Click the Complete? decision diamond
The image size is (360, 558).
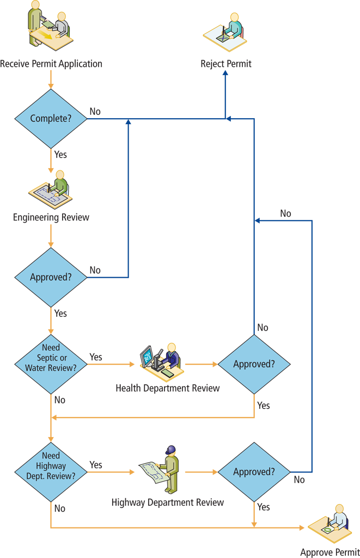51,119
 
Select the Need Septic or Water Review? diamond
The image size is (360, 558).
51,358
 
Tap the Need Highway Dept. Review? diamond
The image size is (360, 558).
51,465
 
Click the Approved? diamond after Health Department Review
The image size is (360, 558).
254,364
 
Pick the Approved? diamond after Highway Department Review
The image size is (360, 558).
254,472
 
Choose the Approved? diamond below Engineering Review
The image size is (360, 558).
51,277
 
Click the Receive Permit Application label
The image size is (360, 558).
51,64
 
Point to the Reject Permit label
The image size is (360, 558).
226,64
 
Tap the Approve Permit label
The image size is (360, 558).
330,552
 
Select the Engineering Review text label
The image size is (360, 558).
51,217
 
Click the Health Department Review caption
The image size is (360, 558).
168,388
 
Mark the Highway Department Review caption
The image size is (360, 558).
168,502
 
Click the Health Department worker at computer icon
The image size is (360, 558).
161,361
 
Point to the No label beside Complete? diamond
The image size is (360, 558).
95,112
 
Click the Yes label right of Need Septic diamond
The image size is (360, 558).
96,357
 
